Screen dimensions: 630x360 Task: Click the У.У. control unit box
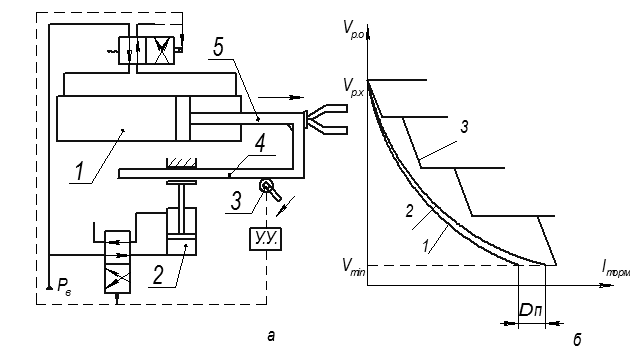[x=266, y=239]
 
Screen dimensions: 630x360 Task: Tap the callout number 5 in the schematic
[x=218, y=48]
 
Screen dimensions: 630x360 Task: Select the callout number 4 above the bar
[x=260, y=144]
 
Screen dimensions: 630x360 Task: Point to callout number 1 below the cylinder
[x=80, y=170]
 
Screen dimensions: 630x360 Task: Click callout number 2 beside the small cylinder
[x=158, y=275]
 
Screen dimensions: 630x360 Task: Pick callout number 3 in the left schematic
[x=236, y=201]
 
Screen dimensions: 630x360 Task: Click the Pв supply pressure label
[x=64, y=286]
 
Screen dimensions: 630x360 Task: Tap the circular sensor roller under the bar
[x=266, y=186]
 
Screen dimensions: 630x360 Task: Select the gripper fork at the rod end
[x=326, y=119]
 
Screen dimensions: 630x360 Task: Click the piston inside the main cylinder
[x=183, y=118]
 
